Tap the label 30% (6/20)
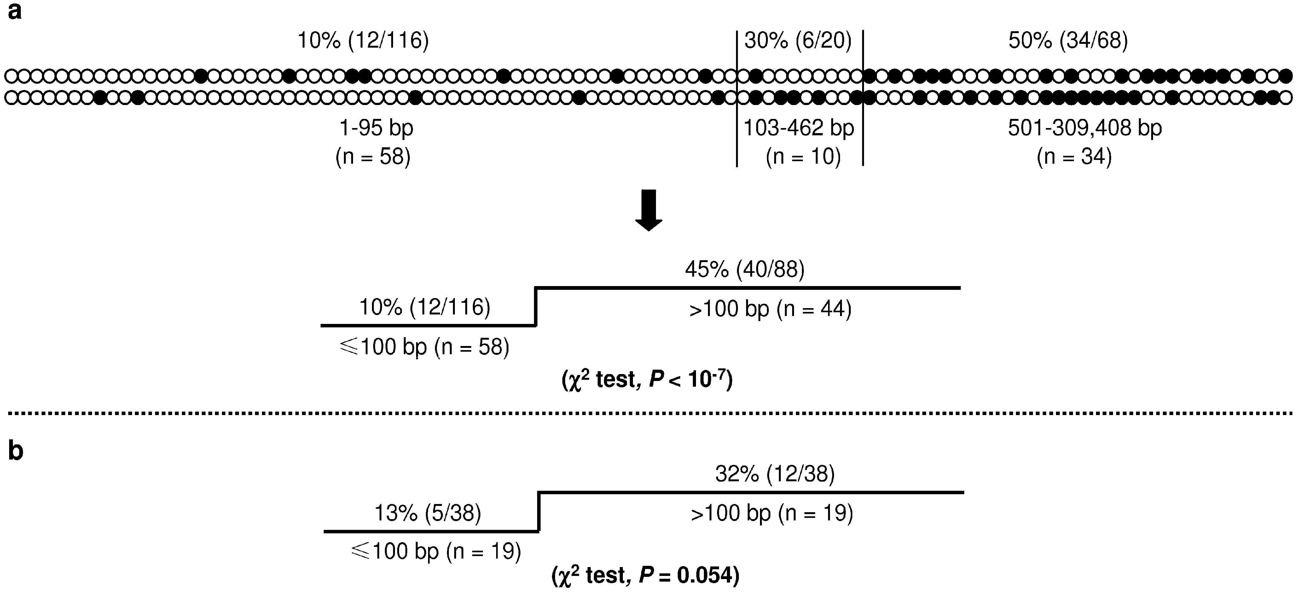pos(798,40)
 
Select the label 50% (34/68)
pos(1068,40)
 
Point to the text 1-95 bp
pos(376,128)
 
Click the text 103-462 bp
pos(799,128)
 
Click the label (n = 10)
pos(803,157)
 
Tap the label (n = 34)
pos(1074,157)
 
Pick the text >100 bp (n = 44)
pos(770,308)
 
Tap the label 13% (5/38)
pos(428,513)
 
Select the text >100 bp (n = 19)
pos(772,513)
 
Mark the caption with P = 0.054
pos(646,575)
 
